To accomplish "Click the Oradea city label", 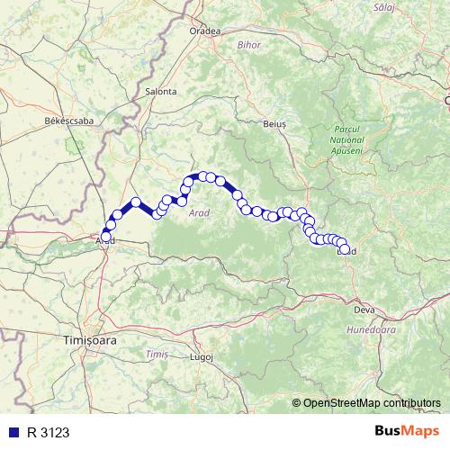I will point(205,30).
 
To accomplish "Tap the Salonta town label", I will point(160,91).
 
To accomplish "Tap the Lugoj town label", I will point(202,356).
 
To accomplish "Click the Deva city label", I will point(364,310).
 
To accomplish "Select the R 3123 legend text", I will point(48,432).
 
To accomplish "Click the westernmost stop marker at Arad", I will point(106,236).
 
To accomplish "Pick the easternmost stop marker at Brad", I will point(344,249).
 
